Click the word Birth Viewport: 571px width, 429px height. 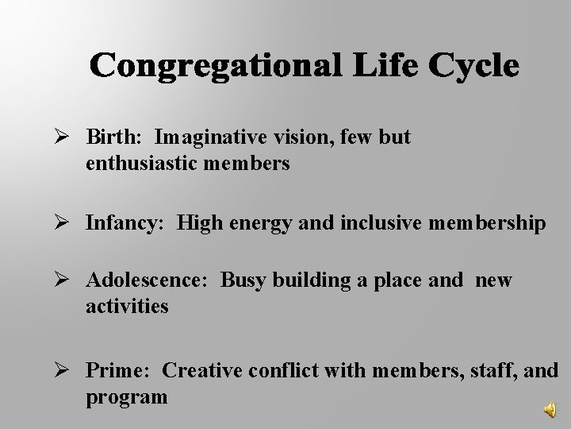[x=113, y=137]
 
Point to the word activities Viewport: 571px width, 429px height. [x=127, y=307]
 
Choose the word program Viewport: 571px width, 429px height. [x=126, y=396]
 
